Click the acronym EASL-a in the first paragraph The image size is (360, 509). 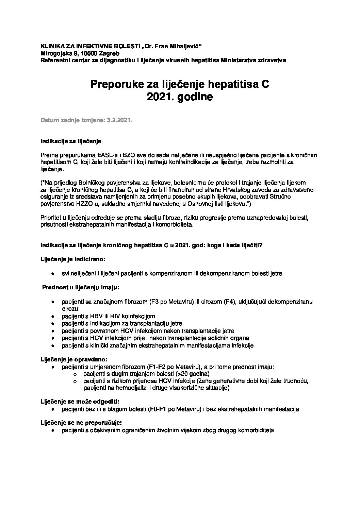(100, 155)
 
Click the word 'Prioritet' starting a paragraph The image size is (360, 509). (51, 217)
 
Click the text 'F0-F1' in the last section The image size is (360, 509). (157, 409)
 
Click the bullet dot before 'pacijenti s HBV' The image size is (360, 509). (53, 317)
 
